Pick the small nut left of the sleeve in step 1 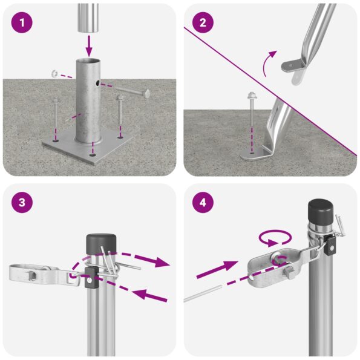click(54, 74)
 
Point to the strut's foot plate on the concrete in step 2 click(257, 156)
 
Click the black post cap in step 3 click(96, 243)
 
